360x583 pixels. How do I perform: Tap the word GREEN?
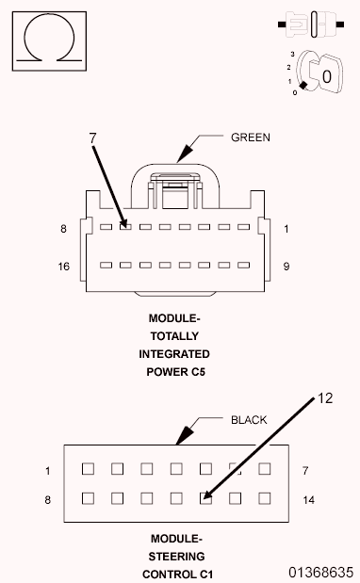[251, 137]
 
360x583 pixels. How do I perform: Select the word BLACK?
[250, 419]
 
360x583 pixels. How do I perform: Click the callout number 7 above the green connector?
[93, 138]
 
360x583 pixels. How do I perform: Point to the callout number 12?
[324, 397]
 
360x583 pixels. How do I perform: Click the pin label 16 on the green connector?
[63, 267]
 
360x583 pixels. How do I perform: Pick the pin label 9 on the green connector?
[286, 267]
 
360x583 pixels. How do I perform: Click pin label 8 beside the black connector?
[46, 498]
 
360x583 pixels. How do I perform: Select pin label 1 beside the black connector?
[46, 469]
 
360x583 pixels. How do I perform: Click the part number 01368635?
[321, 572]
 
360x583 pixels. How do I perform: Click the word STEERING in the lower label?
[175, 556]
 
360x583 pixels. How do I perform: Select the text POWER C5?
[175, 371]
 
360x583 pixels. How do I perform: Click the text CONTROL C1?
[175, 573]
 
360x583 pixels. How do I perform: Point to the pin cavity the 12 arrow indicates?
[205, 497]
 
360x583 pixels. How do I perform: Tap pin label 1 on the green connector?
[286, 228]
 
